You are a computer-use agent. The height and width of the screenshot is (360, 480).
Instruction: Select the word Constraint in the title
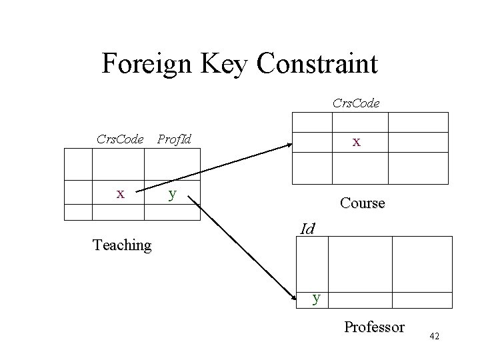(317, 64)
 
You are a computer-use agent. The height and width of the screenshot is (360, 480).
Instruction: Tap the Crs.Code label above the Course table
(356, 103)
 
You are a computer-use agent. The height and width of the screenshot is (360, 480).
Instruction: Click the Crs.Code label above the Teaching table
(120, 139)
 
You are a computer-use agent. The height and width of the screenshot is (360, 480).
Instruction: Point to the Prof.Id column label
(173, 139)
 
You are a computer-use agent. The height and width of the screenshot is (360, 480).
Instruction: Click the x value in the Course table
(357, 142)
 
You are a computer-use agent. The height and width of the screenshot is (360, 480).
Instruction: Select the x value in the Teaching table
(120, 193)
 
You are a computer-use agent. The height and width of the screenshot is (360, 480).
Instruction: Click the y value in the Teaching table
(173, 194)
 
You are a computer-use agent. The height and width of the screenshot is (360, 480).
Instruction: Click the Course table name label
(362, 203)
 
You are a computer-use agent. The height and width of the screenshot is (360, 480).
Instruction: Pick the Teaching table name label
(122, 245)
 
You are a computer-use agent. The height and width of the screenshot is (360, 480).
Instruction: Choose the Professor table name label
(374, 327)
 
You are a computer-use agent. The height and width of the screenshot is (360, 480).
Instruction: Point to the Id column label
(307, 229)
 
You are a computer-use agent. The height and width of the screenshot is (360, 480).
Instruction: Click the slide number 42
(435, 337)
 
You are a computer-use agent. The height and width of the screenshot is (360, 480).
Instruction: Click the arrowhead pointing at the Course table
(287, 143)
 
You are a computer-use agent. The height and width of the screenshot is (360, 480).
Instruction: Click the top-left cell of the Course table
(311, 123)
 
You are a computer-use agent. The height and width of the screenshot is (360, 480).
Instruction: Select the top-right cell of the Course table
(419, 123)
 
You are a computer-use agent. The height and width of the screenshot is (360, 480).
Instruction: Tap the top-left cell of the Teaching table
(77, 164)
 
